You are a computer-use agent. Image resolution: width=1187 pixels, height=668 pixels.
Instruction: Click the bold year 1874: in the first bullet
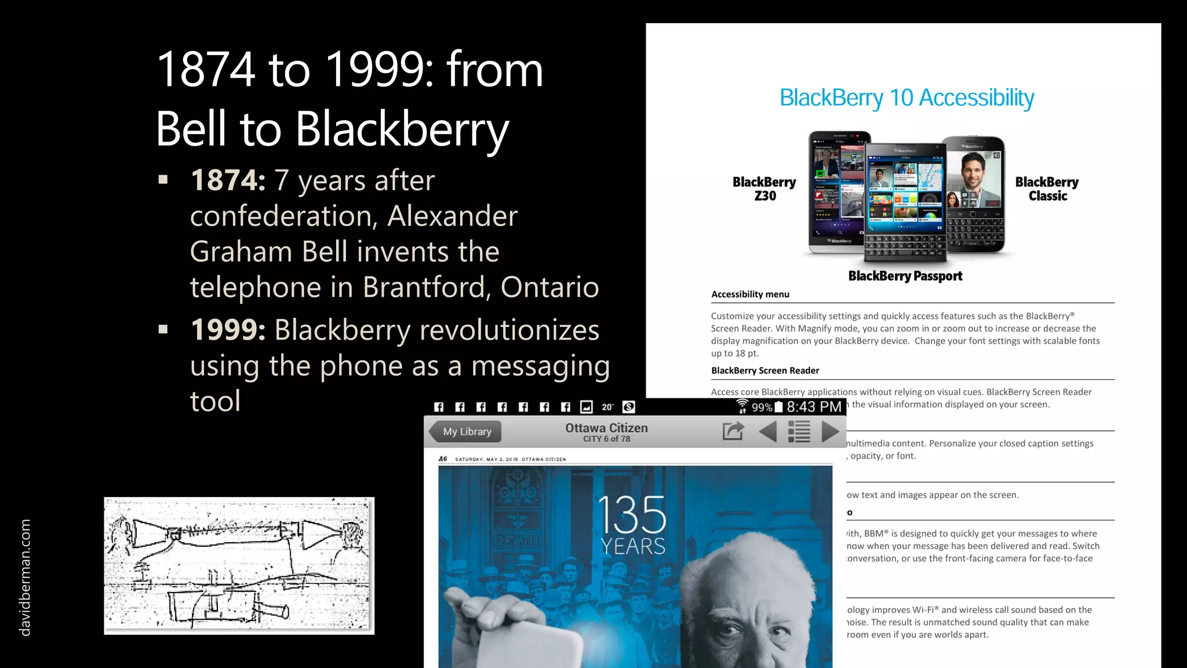pyautogui.click(x=228, y=180)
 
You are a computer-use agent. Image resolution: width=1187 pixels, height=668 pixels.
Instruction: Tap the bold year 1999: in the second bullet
pyautogui.click(x=228, y=330)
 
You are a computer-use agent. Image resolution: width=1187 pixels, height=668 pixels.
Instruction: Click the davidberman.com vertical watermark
pyautogui.click(x=25, y=578)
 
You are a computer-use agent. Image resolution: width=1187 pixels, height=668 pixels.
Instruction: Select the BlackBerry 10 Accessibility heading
pyautogui.click(x=906, y=98)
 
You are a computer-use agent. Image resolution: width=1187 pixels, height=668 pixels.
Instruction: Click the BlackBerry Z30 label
pyautogui.click(x=764, y=189)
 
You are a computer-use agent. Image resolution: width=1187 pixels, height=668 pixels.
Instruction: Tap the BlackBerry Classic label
pyautogui.click(x=1047, y=189)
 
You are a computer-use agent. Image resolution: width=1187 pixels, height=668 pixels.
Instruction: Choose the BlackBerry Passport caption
pyautogui.click(x=905, y=276)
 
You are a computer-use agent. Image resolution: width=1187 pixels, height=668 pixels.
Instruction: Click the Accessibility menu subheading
pyautogui.click(x=750, y=295)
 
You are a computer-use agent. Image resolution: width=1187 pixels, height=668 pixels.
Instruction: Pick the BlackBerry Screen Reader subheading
pyautogui.click(x=765, y=371)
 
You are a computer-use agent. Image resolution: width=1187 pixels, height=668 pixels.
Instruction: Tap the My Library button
pyautogui.click(x=466, y=431)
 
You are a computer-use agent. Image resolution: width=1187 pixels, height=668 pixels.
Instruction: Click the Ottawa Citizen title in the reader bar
pyautogui.click(x=606, y=428)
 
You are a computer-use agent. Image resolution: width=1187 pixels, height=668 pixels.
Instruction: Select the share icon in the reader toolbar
pyautogui.click(x=733, y=431)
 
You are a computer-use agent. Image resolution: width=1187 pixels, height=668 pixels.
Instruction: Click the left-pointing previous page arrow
pyautogui.click(x=768, y=431)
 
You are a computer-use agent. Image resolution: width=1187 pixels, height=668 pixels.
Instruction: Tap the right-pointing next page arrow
pyautogui.click(x=830, y=431)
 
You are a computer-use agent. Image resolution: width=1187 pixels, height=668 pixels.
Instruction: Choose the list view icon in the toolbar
pyautogui.click(x=799, y=431)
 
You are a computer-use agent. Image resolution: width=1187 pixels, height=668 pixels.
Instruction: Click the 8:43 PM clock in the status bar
pyautogui.click(x=814, y=407)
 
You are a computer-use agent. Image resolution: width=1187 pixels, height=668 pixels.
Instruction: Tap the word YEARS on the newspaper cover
pyautogui.click(x=632, y=546)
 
